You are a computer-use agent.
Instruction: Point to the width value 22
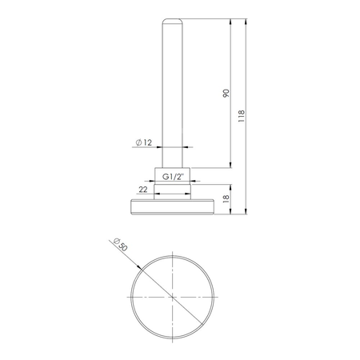coord(143,190)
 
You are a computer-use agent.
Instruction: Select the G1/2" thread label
coord(173,175)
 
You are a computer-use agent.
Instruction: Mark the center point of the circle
coord(174,295)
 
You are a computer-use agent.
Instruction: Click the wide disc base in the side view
coord(173,206)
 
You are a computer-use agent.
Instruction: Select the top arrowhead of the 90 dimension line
coord(230,20)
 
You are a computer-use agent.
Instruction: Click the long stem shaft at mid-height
coord(173,88)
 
